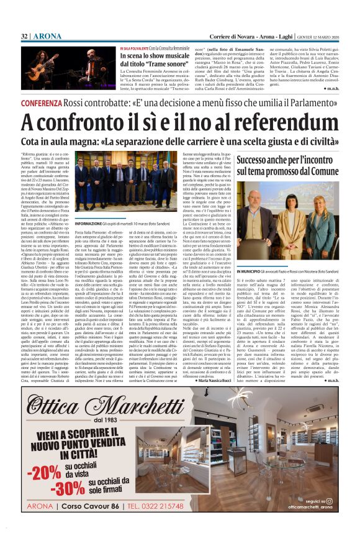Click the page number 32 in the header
[x=24, y=36]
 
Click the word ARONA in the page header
[x=43, y=36]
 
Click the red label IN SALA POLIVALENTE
[x=135, y=48]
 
